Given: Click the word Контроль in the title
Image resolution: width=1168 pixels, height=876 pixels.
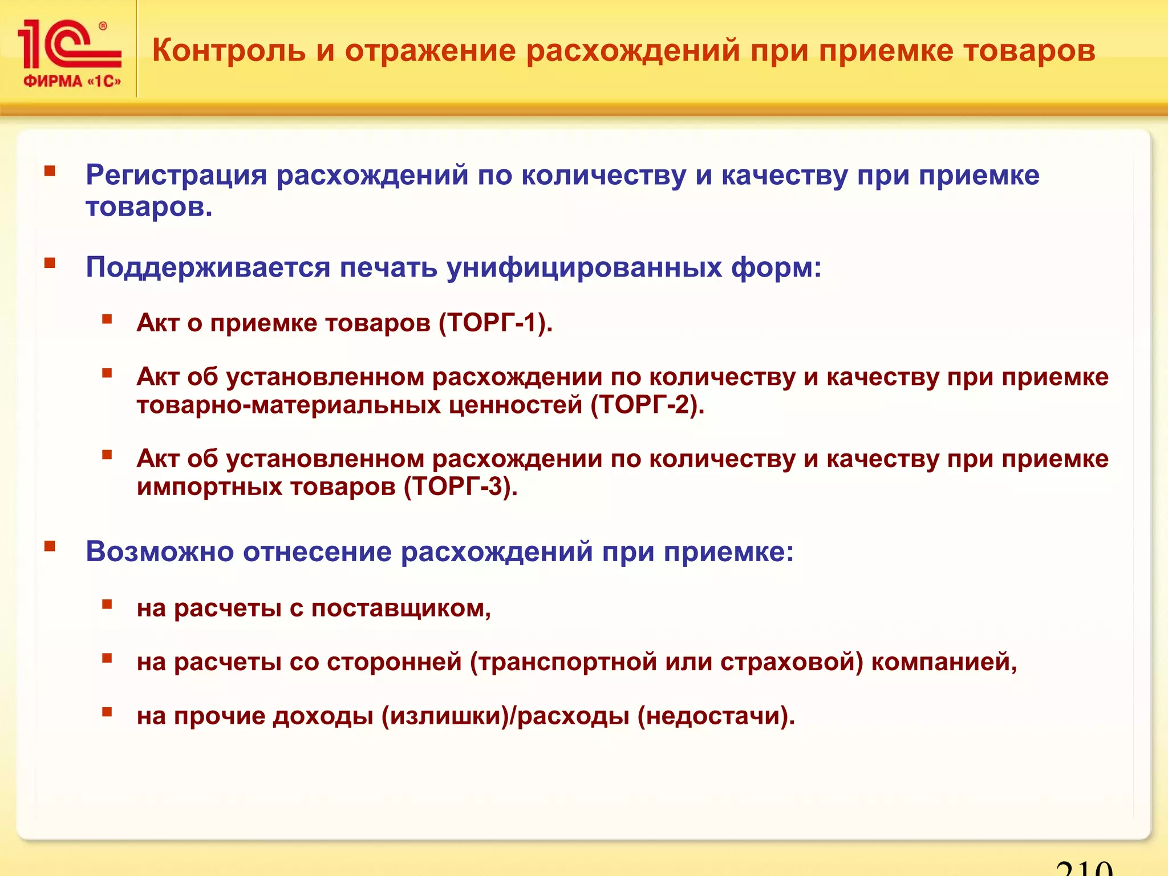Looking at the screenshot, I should [229, 50].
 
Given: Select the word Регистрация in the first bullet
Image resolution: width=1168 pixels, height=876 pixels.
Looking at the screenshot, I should [176, 175].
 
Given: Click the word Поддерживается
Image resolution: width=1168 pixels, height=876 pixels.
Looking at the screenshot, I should [208, 267].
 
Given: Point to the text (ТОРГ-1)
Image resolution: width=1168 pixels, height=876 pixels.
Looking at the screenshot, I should [495, 323].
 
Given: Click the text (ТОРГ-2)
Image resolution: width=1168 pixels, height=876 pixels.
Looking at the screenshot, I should [647, 405].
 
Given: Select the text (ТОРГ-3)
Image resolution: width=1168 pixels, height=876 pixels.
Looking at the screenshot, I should [460, 486].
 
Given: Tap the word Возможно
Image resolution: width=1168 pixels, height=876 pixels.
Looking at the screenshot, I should [160, 551].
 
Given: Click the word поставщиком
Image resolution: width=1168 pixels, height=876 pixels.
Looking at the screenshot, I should [400, 608].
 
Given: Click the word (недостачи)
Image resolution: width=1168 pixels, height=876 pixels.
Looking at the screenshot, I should [716, 716].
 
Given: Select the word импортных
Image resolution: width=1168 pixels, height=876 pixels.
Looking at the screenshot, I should [209, 486].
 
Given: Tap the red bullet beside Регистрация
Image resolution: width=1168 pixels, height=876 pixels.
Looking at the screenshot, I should [50, 171].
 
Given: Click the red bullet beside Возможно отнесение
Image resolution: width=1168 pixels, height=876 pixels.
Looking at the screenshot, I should [50, 547].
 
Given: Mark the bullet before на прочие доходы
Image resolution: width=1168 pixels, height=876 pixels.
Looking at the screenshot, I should [107, 711].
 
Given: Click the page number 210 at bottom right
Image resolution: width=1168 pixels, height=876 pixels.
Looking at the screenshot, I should [1084, 868].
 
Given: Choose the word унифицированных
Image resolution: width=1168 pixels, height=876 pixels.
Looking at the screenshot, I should [584, 267].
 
